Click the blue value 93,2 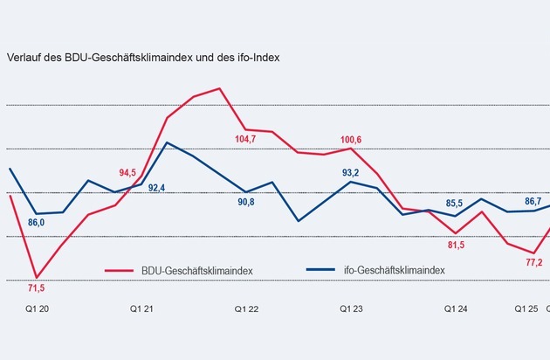tap(353, 171)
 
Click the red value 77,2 tap(533, 262)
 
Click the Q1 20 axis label tap(38, 309)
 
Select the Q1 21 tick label tap(143, 309)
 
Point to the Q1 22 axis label tap(248, 309)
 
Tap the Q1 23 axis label tap(353, 309)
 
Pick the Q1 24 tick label tap(457, 309)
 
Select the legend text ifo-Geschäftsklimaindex tap(394, 271)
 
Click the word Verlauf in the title tap(24, 58)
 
